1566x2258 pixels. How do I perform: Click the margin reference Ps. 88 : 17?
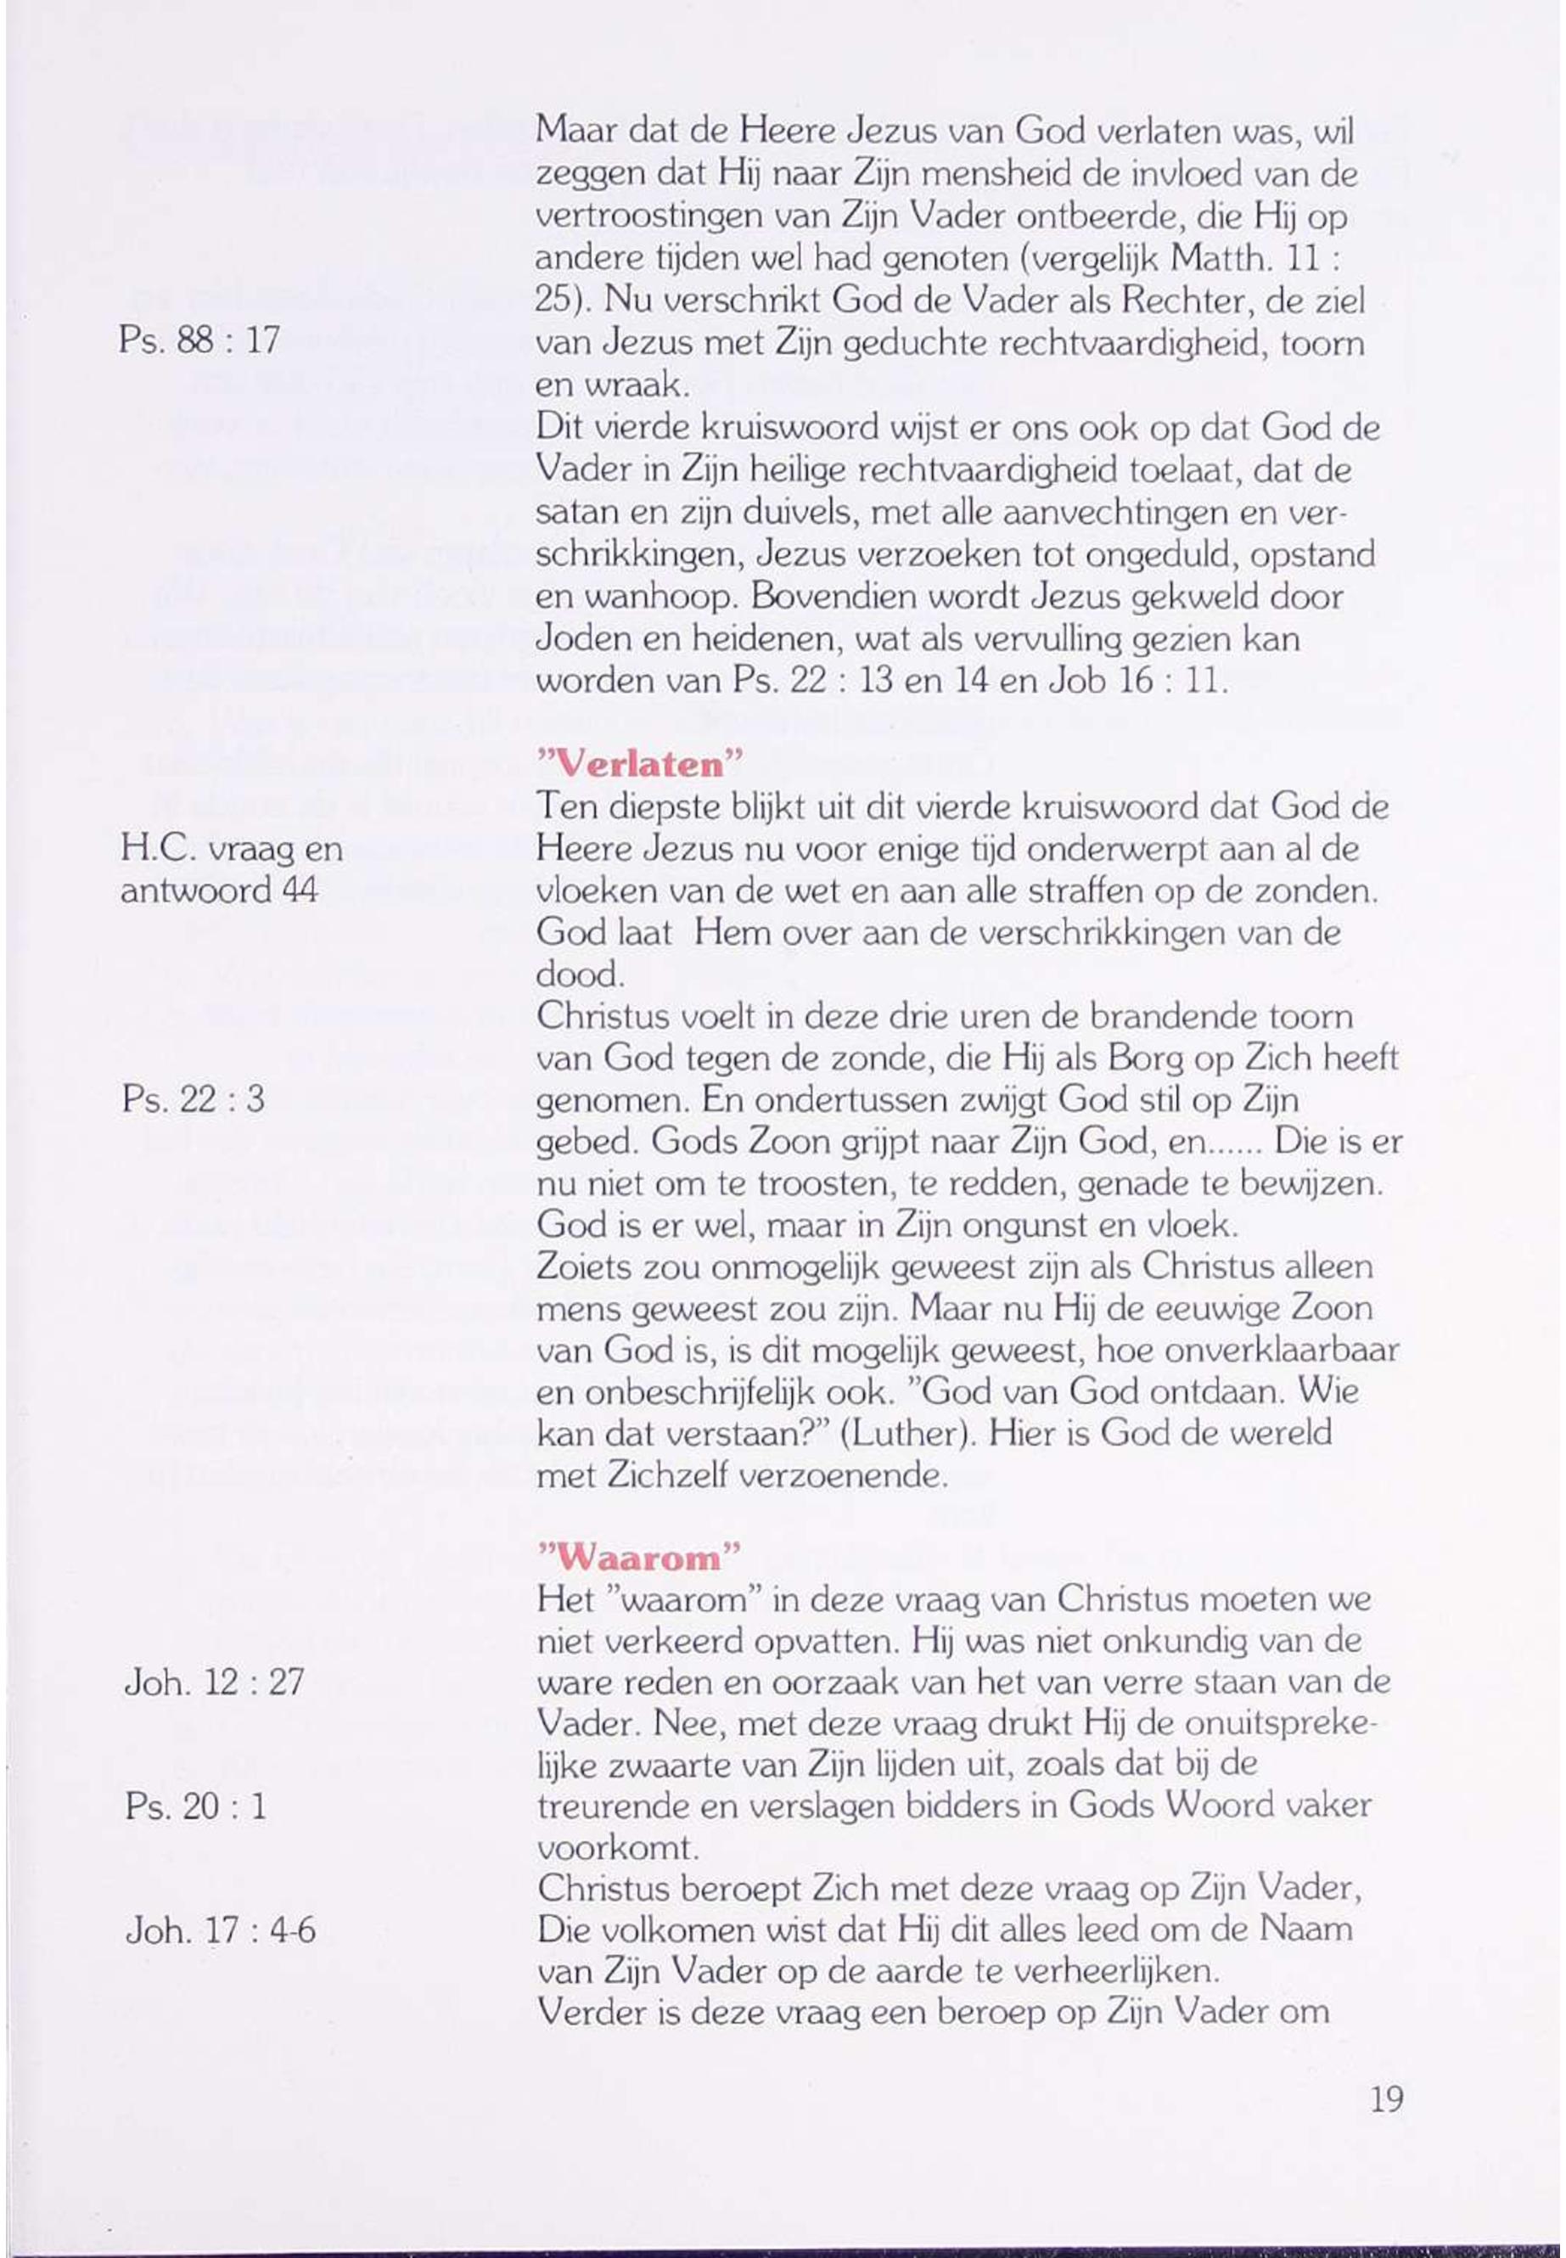click(x=199, y=340)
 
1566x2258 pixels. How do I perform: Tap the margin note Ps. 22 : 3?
click(x=194, y=1099)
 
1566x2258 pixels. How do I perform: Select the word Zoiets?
click(x=585, y=1267)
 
